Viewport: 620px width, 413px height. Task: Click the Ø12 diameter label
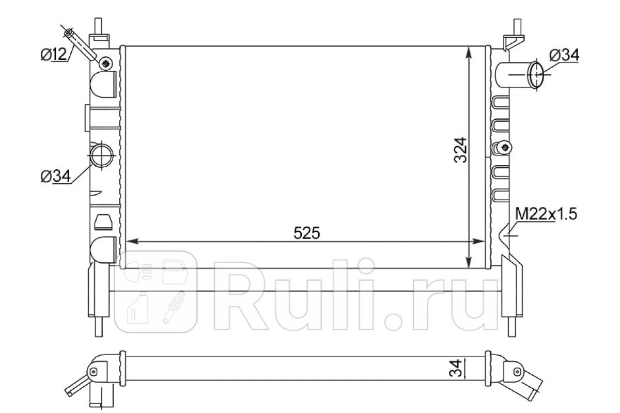(x=54, y=55)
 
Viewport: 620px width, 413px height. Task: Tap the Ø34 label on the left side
(x=56, y=176)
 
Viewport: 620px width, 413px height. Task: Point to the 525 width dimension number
(x=307, y=233)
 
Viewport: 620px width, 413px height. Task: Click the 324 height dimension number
(x=460, y=150)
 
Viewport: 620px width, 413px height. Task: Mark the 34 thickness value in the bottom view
(x=456, y=368)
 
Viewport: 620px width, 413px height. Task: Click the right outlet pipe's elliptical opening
(x=536, y=74)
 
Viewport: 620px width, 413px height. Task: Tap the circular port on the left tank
(x=102, y=155)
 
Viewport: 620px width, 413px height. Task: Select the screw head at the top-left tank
(x=106, y=64)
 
